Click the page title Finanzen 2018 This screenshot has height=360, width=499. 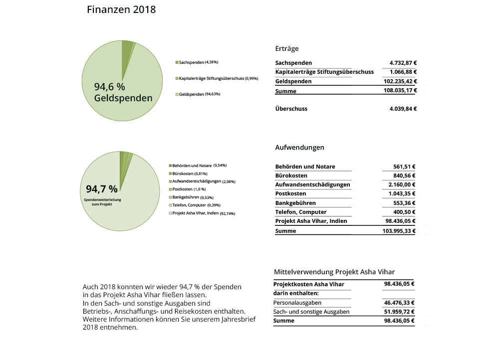click(x=121, y=9)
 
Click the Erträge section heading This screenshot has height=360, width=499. click(x=287, y=48)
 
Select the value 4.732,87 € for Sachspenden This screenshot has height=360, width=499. click(x=403, y=63)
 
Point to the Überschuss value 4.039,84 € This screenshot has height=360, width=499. click(x=403, y=109)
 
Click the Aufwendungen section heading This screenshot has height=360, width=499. click(x=299, y=148)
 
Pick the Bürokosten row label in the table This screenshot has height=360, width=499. click(x=291, y=176)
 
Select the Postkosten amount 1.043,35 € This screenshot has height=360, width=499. click(x=401, y=193)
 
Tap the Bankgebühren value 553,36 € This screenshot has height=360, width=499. click(x=404, y=203)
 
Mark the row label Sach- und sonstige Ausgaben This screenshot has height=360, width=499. click(x=311, y=312)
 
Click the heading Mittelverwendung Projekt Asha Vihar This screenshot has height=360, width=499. click(x=334, y=272)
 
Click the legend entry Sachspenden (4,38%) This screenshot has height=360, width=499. click(x=198, y=62)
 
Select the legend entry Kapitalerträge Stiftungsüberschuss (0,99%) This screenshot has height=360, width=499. click(x=218, y=78)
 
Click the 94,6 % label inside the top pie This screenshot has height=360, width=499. click(x=109, y=87)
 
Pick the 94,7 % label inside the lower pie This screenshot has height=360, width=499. click(x=102, y=189)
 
